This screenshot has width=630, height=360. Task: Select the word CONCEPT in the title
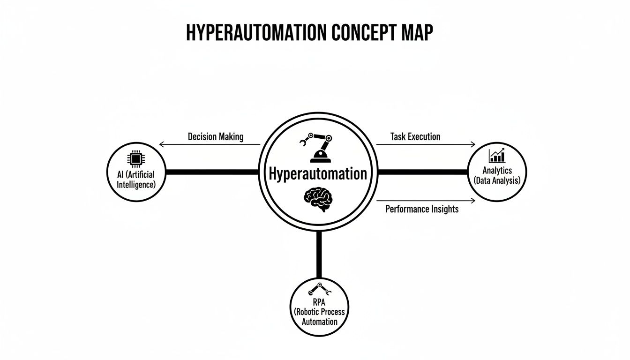360,33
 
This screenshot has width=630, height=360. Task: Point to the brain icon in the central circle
318,199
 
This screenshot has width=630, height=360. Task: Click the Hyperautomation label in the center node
318,173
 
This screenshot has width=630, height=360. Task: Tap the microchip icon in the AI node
135,158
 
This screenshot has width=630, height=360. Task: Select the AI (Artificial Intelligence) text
135,179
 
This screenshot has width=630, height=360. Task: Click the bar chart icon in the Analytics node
497,156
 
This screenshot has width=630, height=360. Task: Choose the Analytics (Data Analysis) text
497,176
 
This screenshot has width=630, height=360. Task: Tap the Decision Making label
216,137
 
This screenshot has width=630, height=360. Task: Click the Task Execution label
415,137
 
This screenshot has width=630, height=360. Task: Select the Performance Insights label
422,209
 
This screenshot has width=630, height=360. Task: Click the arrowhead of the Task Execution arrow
473,144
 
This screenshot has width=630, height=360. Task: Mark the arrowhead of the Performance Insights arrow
473,201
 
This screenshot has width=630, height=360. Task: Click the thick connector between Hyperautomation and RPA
319,255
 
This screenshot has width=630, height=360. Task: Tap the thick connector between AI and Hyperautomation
212,172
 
